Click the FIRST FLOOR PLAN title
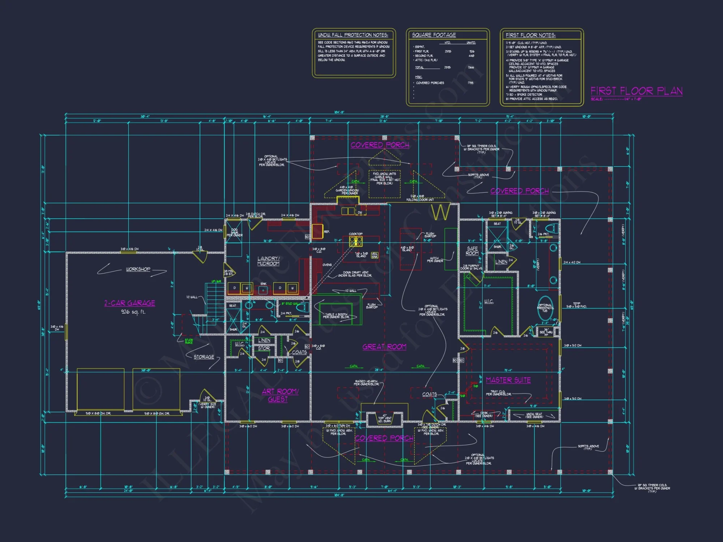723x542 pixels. [x=636, y=91]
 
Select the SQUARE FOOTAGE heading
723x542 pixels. [x=434, y=35]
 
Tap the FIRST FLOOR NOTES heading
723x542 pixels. [x=530, y=35]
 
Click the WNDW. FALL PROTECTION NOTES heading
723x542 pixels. [x=353, y=35]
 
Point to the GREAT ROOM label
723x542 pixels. [x=384, y=347]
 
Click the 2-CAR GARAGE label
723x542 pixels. [x=130, y=303]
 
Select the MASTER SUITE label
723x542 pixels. [x=508, y=380]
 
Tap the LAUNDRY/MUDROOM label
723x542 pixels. [x=268, y=261]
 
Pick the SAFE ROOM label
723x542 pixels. [x=472, y=251]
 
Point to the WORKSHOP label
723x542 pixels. [x=138, y=269]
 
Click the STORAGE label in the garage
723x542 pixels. [x=204, y=357]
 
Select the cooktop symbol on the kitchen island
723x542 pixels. [x=356, y=241]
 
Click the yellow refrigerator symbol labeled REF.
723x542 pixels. [x=317, y=231]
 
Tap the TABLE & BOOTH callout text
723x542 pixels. [x=335, y=315]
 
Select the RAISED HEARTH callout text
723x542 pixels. [x=366, y=383]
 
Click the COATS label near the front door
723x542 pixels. [x=429, y=394]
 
